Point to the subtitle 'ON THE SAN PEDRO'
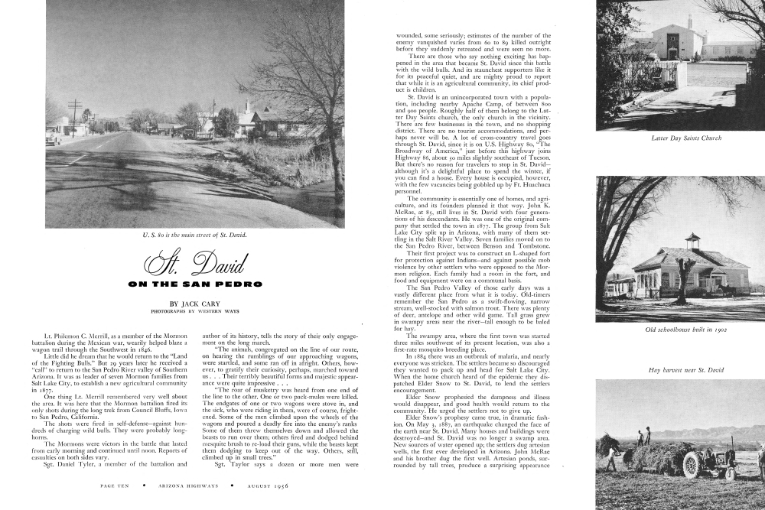(194, 284)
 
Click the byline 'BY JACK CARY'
(194, 304)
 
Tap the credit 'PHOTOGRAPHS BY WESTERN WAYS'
(194, 312)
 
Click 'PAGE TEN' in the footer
(117, 484)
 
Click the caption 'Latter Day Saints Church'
(685, 138)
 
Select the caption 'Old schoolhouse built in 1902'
(685, 330)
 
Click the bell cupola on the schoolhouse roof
(692, 241)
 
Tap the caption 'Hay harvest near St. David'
(685, 369)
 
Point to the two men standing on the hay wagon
(644, 435)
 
